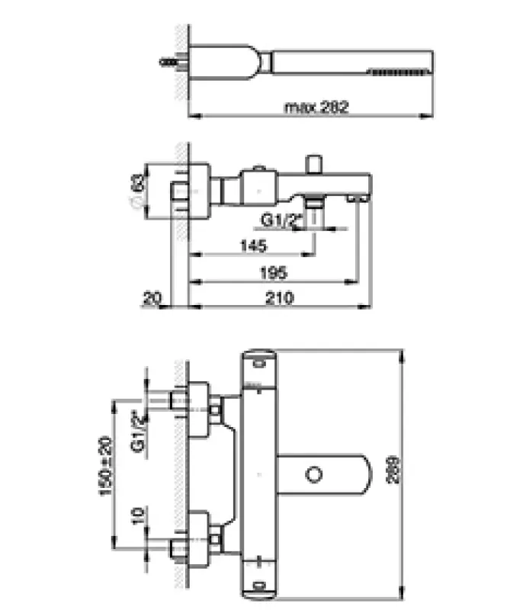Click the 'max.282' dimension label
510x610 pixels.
(x=316, y=108)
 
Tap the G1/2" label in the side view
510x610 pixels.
(x=282, y=220)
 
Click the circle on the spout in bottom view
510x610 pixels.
(x=313, y=475)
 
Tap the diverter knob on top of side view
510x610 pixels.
(x=313, y=165)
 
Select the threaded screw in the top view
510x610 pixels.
(x=170, y=61)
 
